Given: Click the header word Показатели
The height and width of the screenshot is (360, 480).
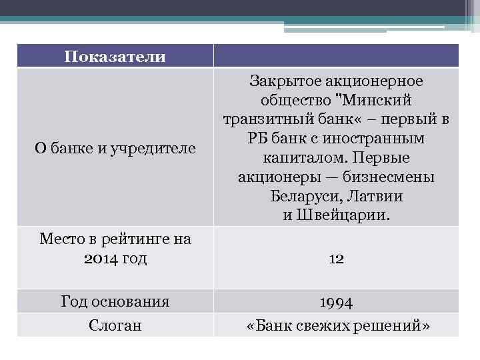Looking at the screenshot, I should (x=115, y=57).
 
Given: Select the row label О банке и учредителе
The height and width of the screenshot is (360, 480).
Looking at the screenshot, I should (x=115, y=148).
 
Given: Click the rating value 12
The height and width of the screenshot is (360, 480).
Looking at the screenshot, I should (x=336, y=259).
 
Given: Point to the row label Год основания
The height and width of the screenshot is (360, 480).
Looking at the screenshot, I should (x=115, y=301).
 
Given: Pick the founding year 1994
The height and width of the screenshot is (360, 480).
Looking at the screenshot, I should (x=336, y=302).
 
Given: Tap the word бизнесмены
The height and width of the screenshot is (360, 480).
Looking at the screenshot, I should (x=390, y=178).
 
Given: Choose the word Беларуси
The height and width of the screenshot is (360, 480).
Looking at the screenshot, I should (x=302, y=197).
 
